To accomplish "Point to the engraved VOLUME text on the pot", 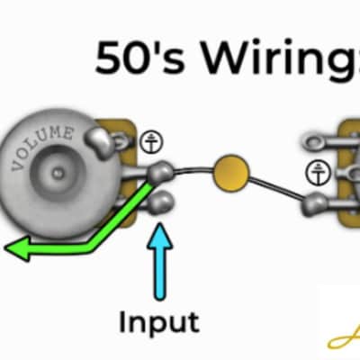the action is tap(42, 146).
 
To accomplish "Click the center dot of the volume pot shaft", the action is tap(57, 173).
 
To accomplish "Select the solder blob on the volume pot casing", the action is tap(100, 142).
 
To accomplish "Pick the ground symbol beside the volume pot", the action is tap(152, 141).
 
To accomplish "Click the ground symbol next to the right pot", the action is tap(318, 173).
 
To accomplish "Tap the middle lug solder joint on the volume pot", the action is tap(160, 172).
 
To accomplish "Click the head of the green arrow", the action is tap(17, 247).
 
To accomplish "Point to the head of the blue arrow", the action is tap(160, 236).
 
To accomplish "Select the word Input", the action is tap(159, 321).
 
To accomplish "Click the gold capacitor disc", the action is tap(231, 173).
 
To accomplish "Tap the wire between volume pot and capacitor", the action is tap(193, 170).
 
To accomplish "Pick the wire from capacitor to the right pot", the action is tap(276, 188).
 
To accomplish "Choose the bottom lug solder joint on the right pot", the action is tap(314, 204).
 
